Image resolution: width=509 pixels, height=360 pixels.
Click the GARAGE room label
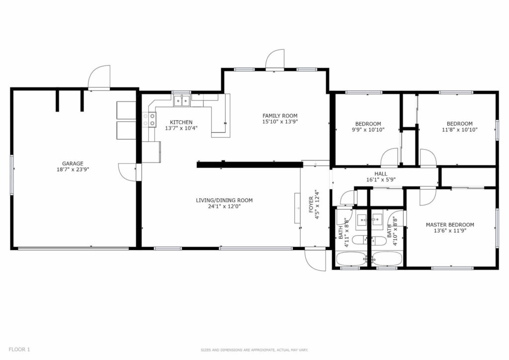point(73,164)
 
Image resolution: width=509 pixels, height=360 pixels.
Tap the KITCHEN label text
point(181,122)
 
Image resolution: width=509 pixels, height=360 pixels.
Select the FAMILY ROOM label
point(280,115)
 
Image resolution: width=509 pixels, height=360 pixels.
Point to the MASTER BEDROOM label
point(449,225)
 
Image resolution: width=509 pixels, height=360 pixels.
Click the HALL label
point(381,174)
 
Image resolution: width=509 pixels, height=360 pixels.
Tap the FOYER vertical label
point(311,204)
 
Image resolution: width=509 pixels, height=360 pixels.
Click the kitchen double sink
point(182,101)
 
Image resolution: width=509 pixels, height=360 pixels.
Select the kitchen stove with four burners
point(149,119)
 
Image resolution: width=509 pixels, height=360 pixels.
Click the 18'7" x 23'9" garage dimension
point(73,170)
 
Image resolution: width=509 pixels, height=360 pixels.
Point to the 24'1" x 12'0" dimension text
point(224,206)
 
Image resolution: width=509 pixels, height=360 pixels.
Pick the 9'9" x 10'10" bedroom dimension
point(368,130)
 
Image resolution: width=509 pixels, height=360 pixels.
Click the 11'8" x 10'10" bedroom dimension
point(459,130)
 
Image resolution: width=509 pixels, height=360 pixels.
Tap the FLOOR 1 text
point(19,350)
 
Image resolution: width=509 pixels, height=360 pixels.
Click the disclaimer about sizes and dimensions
point(254,350)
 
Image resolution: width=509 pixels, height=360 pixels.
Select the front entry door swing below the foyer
point(315,260)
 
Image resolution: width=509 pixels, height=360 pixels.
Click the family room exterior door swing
point(275,59)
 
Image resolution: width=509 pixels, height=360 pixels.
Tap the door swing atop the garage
point(99,77)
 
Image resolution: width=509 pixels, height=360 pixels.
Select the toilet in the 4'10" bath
point(378,241)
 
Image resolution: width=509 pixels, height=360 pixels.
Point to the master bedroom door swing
point(428,197)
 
